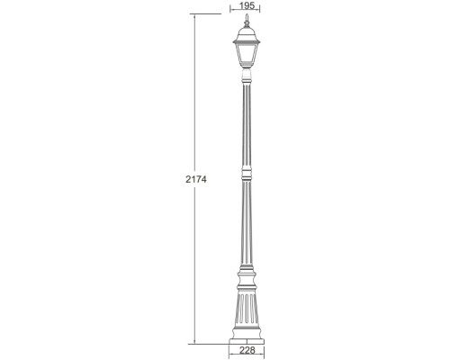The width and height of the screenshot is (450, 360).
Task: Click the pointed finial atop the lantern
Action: click(247, 20)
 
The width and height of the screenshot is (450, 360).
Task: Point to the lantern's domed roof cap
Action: click(247, 32)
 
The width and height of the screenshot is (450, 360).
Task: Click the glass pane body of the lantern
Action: click(247, 56)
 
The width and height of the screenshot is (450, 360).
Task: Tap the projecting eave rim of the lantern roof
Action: click(247, 41)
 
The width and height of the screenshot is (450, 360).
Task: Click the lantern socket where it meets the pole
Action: click(247, 76)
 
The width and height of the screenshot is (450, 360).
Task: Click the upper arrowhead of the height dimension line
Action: click(194, 15)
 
